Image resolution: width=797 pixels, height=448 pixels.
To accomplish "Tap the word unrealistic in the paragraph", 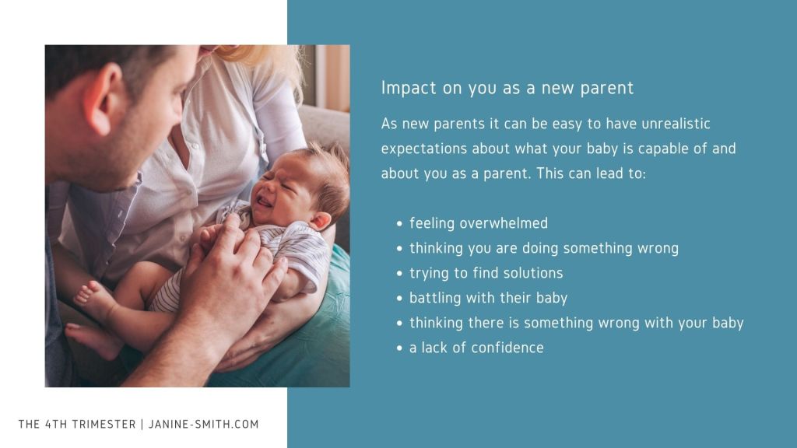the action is pos(676,124).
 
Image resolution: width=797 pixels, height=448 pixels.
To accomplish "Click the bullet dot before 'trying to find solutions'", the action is pos(399,273).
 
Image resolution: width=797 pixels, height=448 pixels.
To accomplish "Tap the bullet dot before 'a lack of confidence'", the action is pos(399,348).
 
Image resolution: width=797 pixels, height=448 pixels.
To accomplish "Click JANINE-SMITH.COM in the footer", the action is pos(203,424).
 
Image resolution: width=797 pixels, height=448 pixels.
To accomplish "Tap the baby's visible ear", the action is pos(321,221).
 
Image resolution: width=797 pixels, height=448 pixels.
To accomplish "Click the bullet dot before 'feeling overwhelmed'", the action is pos(399,223).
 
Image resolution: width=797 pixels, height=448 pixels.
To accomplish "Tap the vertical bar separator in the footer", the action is pos(142,424).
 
